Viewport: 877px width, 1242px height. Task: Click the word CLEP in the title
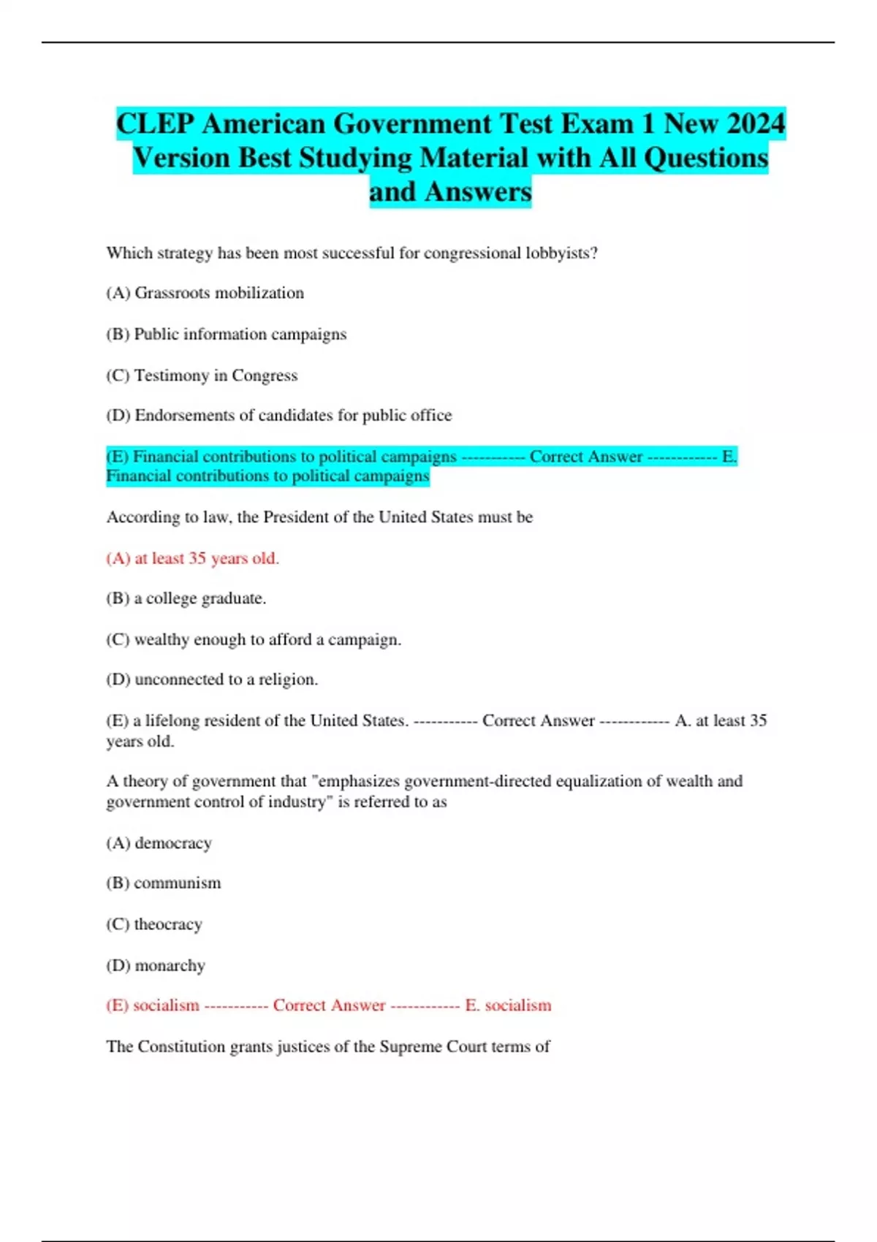pyautogui.click(x=156, y=123)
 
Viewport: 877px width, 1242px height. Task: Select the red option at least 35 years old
pyautogui.click(x=192, y=558)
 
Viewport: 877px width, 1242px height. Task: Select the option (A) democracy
pyautogui.click(x=159, y=843)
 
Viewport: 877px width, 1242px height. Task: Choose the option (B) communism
pyautogui.click(x=163, y=883)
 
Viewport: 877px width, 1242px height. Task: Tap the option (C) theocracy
pyautogui.click(x=154, y=924)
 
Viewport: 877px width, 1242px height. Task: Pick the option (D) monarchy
pyautogui.click(x=156, y=966)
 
